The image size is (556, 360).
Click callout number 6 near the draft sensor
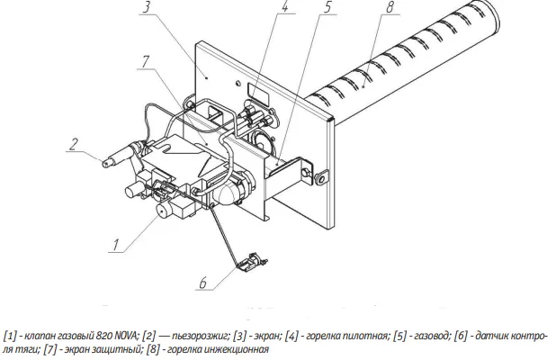[203, 283]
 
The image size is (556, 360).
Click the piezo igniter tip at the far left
[105, 164]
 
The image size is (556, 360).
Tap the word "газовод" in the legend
[431, 336]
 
